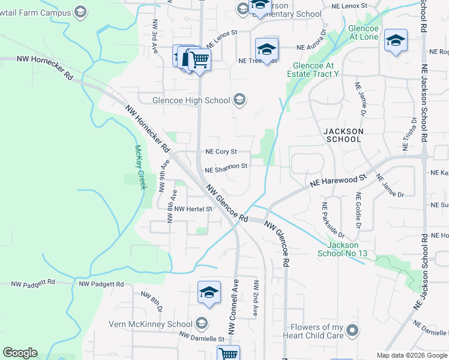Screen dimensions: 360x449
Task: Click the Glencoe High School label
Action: coord(183,100)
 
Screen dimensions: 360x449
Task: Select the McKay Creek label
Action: coord(140,167)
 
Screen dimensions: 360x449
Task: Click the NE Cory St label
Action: coord(221,152)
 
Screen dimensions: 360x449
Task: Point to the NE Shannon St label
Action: coord(226,168)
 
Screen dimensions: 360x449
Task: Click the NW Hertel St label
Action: coord(193,209)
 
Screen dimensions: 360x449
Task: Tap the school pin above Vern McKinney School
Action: coord(209,293)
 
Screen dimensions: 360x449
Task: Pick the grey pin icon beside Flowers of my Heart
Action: coord(353,331)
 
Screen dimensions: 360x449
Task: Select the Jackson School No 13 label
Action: coord(342,249)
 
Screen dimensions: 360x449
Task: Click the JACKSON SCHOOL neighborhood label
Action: coord(343,135)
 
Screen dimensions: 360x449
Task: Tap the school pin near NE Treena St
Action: coord(267,49)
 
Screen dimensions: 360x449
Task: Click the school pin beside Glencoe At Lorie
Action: coord(396,41)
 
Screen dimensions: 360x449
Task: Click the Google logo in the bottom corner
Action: coord(20,353)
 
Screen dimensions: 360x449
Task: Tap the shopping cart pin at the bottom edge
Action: coord(228,354)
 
